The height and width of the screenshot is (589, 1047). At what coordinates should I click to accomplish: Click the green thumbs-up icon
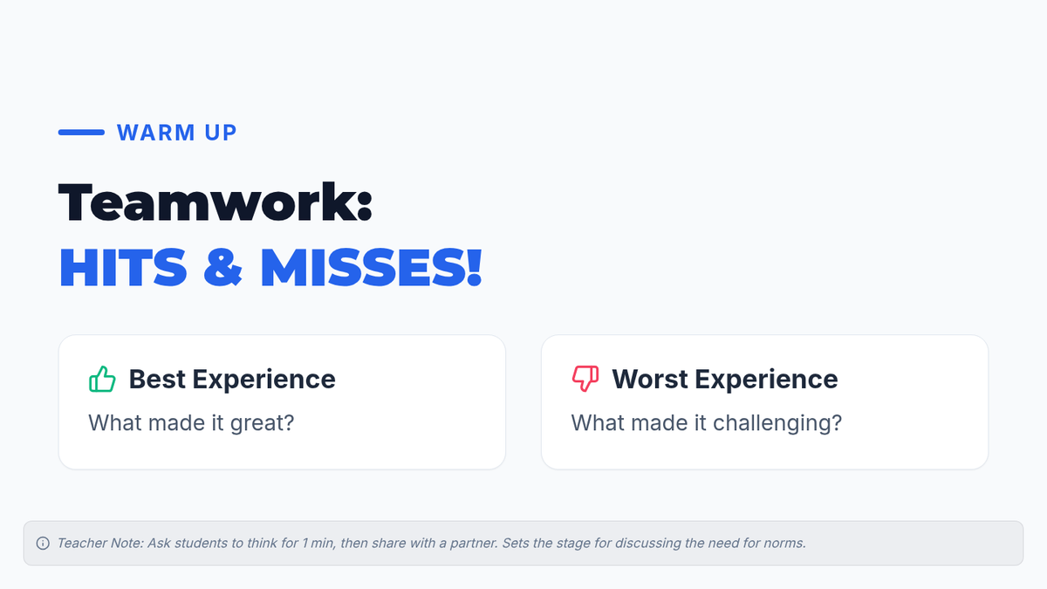102,379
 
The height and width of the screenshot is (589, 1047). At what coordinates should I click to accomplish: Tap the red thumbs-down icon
585,379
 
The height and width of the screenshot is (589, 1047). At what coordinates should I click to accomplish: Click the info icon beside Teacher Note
43,543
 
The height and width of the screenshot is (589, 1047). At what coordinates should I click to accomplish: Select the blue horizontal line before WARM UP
81,133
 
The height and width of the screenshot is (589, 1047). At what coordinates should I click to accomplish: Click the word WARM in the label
156,133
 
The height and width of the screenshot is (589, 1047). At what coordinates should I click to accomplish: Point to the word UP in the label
221,133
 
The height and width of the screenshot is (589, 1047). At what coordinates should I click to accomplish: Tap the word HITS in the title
123,267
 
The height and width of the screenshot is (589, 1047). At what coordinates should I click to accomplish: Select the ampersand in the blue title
223,267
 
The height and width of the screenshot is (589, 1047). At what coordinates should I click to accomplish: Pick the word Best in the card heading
157,379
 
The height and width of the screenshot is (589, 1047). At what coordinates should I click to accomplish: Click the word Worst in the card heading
650,379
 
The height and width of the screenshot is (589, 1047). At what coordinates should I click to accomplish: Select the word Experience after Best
264,380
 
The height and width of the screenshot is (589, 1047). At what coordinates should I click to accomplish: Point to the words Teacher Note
100,543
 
